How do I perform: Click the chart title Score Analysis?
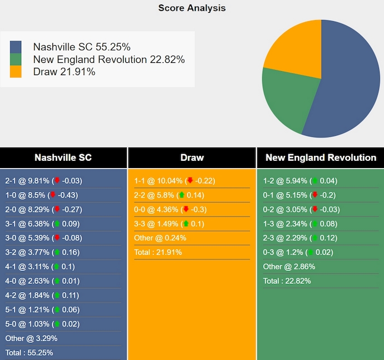pos(192,8)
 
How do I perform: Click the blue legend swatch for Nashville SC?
pos(16,47)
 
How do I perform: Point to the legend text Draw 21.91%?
pos(64,72)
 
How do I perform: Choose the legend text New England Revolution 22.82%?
pos(109,60)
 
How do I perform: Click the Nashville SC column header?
pos(63,157)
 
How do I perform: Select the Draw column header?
pos(192,157)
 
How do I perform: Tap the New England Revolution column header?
pos(321,157)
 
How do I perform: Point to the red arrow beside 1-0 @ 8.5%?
pos(53,195)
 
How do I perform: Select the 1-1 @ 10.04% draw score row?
pos(174,181)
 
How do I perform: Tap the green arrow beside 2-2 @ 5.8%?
pos(181,195)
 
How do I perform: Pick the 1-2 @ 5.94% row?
pos(300,181)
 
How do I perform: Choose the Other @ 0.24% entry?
pos(160,238)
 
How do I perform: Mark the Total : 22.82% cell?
pos(287,281)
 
